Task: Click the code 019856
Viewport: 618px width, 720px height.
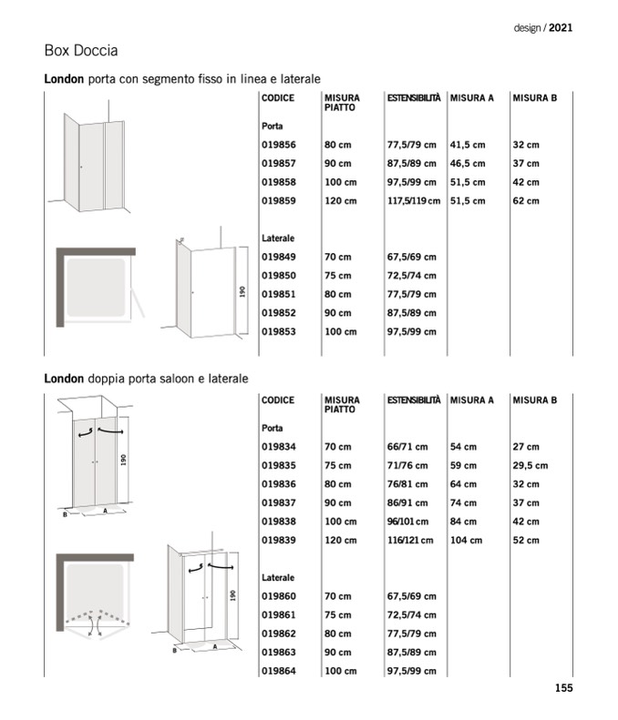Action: pyautogui.click(x=279, y=145)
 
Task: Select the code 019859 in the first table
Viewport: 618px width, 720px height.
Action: pyautogui.click(x=279, y=200)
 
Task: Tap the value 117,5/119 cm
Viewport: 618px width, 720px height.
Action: pyautogui.click(x=413, y=200)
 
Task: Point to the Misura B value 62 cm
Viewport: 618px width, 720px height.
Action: pyautogui.click(x=526, y=200)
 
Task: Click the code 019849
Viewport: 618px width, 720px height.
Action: pyautogui.click(x=279, y=257)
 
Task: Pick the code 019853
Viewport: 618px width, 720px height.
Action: pyautogui.click(x=279, y=331)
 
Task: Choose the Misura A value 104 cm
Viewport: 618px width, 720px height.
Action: pyautogui.click(x=466, y=540)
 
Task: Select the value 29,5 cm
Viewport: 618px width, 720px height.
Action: pyautogui.click(x=530, y=465)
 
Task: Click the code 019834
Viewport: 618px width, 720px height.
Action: pyautogui.click(x=279, y=447)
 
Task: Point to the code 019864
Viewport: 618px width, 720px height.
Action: pyautogui.click(x=279, y=671)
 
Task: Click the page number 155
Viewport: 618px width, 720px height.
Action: pyautogui.click(x=563, y=688)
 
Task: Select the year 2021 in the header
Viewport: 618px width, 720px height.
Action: pyautogui.click(x=561, y=28)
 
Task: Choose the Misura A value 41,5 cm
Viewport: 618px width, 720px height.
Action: pyautogui.click(x=468, y=145)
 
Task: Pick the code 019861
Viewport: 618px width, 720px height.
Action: pyautogui.click(x=279, y=615)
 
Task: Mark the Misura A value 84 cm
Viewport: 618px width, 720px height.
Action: pyautogui.click(x=463, y=522)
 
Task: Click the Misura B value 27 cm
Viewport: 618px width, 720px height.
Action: pyautogui.click(x=526, y=447)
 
